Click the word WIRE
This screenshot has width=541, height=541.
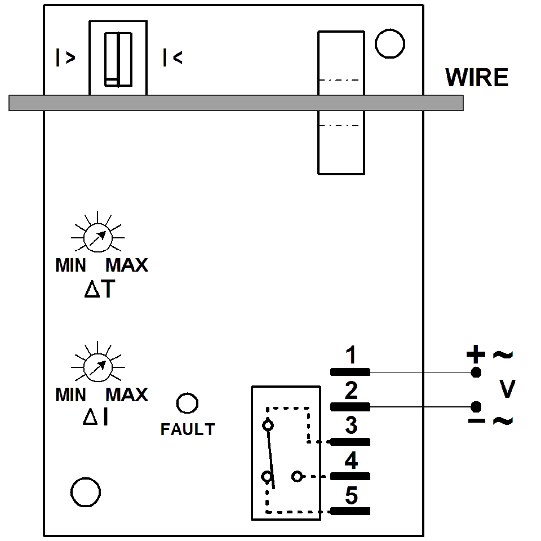(x=477, y=78)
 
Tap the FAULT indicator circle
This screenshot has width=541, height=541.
(x=187, y=403)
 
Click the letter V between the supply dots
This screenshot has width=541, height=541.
(x=507, y=389)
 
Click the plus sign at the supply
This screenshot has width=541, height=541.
(x=475, y=354)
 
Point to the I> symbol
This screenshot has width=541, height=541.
(x=65, y=58)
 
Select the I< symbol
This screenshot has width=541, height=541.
(x=172, y=58)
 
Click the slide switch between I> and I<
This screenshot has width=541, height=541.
(x=118, y=59)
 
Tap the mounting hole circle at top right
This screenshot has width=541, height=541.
(x=390, y=44)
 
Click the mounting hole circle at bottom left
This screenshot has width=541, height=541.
(x=86, y=493)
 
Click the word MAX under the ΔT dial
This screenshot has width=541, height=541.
(x=127, y=265)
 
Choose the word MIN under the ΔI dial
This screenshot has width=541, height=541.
(x=71, y=394)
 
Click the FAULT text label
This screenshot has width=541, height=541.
(x=188, y=429)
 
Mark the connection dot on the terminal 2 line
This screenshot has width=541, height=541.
(x=476, y=406)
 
